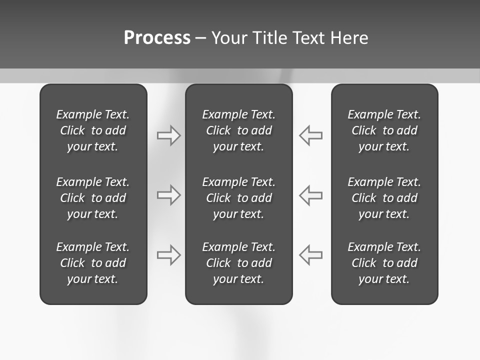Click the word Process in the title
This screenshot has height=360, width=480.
(157, 38)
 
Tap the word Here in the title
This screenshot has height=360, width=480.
(349, 38)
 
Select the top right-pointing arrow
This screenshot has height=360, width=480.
(168, 135)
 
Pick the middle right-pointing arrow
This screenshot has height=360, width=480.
(168, 195)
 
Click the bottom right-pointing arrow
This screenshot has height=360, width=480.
(168, 255)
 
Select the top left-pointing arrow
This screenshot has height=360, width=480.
(311, 135)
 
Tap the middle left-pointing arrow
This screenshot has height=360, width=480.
(311, 195)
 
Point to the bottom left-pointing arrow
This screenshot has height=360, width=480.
(311, 255)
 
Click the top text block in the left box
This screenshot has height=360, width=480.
(93, 130)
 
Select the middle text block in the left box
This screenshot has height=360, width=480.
(93, 198)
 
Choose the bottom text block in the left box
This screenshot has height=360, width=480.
(93, 263)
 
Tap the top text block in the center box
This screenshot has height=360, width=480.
(238, 130)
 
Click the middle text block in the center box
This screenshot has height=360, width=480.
(238, 198)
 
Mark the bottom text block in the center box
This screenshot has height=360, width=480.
(238, 263)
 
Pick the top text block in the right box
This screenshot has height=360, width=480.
(384, 130)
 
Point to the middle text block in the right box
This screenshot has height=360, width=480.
(384, 198)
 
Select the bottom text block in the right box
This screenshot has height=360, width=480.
(384, 263)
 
